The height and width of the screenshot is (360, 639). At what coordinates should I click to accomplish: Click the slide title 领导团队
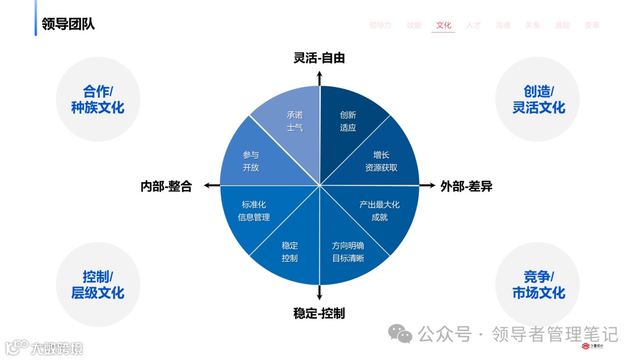pos(68,24)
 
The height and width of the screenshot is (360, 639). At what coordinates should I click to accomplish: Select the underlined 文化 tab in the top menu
pos(443,25)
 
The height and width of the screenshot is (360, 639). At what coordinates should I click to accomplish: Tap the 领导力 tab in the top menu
pos(380,25)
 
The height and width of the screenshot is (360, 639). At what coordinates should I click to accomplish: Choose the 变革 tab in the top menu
pos(592,25)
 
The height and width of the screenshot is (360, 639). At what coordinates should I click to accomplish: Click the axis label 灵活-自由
pos(319,58)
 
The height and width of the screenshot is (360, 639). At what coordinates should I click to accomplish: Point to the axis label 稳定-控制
pos(319,313)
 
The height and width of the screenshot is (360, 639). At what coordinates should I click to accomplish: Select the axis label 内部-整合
pos(166,187)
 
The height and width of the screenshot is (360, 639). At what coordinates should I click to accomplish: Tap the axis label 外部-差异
pos(466,187)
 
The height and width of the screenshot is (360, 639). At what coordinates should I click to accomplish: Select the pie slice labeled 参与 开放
pos(251,161)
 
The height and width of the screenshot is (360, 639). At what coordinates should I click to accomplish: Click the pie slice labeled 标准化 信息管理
pos(253,211)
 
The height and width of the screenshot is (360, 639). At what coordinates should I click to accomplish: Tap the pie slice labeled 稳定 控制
pos(290,252)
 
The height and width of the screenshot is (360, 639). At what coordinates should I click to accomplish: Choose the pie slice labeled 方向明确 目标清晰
pos(348,252)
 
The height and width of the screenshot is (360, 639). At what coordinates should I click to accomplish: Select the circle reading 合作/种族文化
pos(98,99)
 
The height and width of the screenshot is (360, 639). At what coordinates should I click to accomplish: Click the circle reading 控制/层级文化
pos(98,285)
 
